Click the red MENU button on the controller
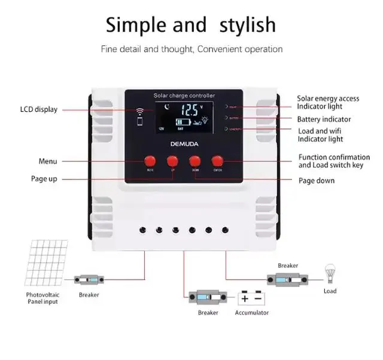(x=150, y=161)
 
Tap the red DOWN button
(x=194, y=161)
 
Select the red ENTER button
(x=217, y=161)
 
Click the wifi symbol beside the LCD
(x=141, y=112)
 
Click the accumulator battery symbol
(x=251, y=297)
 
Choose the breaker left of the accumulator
(x=208, y=297)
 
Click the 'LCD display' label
(x=38, y=109)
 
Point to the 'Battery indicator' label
(x=324, y=120)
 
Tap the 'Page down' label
(x=317, y=181)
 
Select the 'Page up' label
(x=44, y=179)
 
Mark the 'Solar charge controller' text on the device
(x=184, y=95)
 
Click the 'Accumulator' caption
(x=251, y=313)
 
